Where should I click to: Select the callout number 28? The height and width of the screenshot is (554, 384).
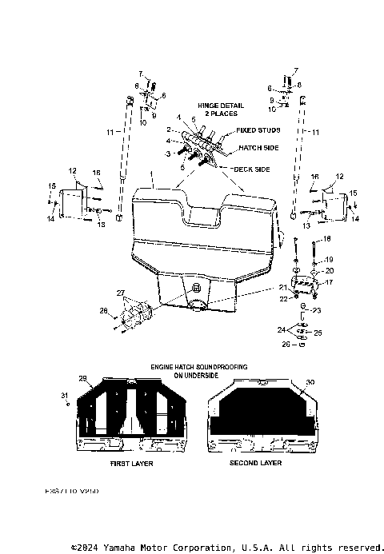click(102, 310)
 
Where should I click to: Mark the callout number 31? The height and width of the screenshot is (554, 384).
click(65, 397)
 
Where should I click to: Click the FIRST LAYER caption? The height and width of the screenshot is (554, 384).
click(131, 463)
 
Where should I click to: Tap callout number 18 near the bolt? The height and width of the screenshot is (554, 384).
click(326, 240)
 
